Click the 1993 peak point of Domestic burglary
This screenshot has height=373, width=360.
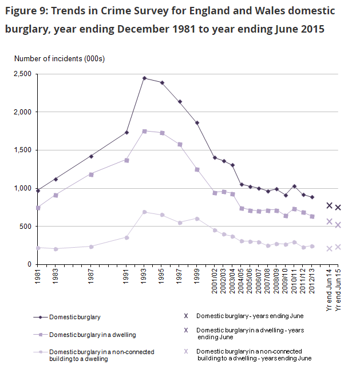144,78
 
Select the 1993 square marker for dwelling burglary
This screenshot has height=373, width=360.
144,131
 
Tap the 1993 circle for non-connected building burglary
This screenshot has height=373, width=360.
144,212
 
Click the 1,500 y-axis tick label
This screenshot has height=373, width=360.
23,150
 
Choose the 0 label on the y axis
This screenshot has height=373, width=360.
30,264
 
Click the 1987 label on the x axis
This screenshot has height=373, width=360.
90,276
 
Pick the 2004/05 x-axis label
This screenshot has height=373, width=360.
241,281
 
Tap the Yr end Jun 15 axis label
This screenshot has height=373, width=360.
338,289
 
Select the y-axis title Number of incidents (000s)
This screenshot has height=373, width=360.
60,58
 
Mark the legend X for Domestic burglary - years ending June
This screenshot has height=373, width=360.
186,316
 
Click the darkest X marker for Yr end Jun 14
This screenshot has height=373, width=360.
329,205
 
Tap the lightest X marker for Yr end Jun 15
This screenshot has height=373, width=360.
338,247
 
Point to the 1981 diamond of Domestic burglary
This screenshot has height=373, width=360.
38,191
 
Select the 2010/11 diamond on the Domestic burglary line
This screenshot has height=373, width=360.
294,186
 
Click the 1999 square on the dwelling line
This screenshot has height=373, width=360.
197,169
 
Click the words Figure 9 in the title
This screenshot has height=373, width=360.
26,11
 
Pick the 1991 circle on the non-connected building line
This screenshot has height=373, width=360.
126,237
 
